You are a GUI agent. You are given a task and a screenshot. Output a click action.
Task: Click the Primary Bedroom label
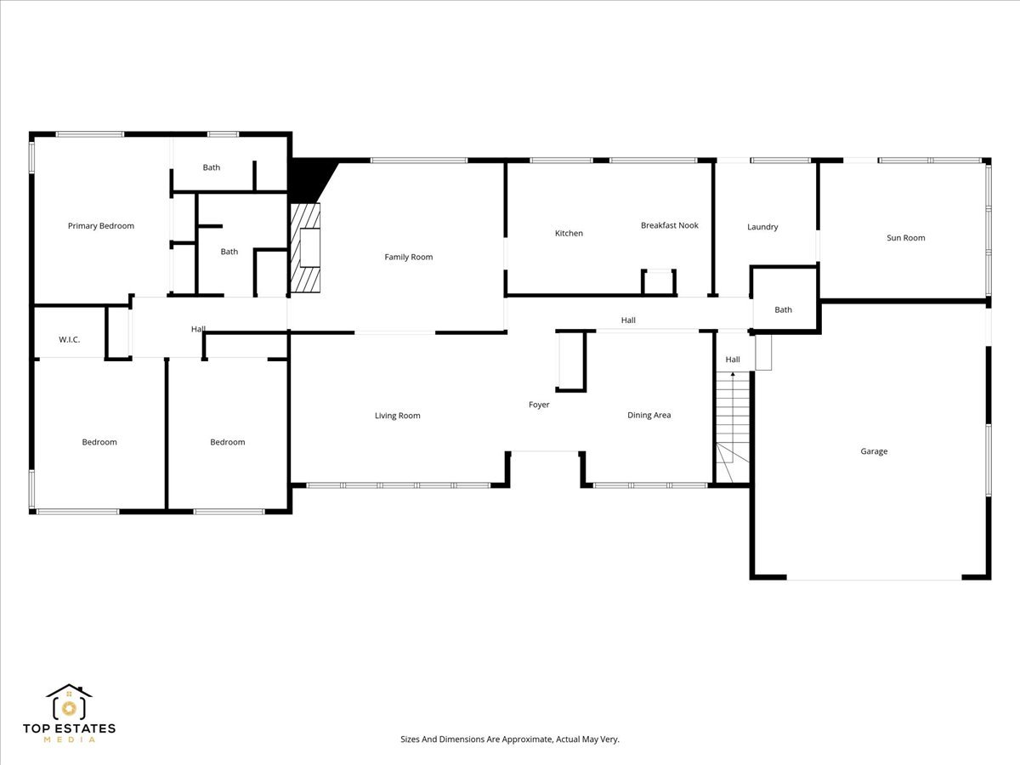[101, 226]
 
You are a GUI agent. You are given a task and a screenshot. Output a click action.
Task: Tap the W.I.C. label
[70, 340]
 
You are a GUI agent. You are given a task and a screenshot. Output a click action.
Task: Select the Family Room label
[409, 257]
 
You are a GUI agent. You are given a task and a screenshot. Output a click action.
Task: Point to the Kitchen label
[569, 233]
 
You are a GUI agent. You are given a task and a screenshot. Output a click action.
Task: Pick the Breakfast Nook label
[670, 225]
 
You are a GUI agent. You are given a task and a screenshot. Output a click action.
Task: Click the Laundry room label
[762, 227]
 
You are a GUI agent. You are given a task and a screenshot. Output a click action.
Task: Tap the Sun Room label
[905, 238]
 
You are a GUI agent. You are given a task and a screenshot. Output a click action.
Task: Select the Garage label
[874, 451]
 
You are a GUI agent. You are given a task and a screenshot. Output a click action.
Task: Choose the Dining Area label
[649, 415]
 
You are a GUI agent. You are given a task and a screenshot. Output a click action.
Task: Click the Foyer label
[539, 405]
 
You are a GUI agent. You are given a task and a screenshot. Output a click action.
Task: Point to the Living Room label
[398, 416]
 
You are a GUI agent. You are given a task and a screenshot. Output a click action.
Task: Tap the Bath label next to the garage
[783, 309]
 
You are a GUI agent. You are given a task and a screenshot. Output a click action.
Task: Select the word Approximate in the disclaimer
[525, 739]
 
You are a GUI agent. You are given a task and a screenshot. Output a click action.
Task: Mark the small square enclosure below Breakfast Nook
[658, 281]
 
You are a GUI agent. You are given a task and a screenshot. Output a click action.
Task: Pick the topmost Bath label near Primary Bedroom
[212, 167]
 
